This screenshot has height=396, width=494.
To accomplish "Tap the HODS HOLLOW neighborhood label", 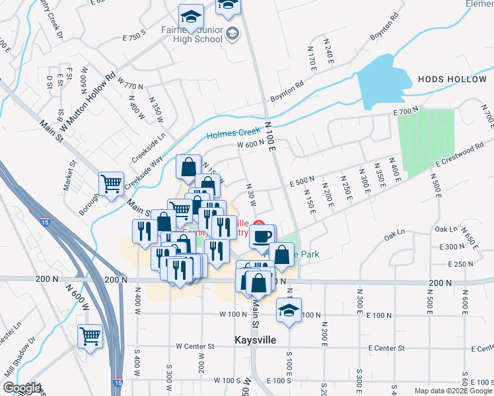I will [x=452, y=79].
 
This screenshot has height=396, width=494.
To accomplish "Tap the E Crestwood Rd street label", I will [x=464, y=156].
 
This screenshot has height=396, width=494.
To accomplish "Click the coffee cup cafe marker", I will [x=262, y=236].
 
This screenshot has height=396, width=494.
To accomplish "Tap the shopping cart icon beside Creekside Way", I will [x=111, y=183].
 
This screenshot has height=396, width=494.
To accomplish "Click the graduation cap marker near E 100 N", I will [x=289, y=310].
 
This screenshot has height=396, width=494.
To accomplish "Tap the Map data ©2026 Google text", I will [x=452, y=391].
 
